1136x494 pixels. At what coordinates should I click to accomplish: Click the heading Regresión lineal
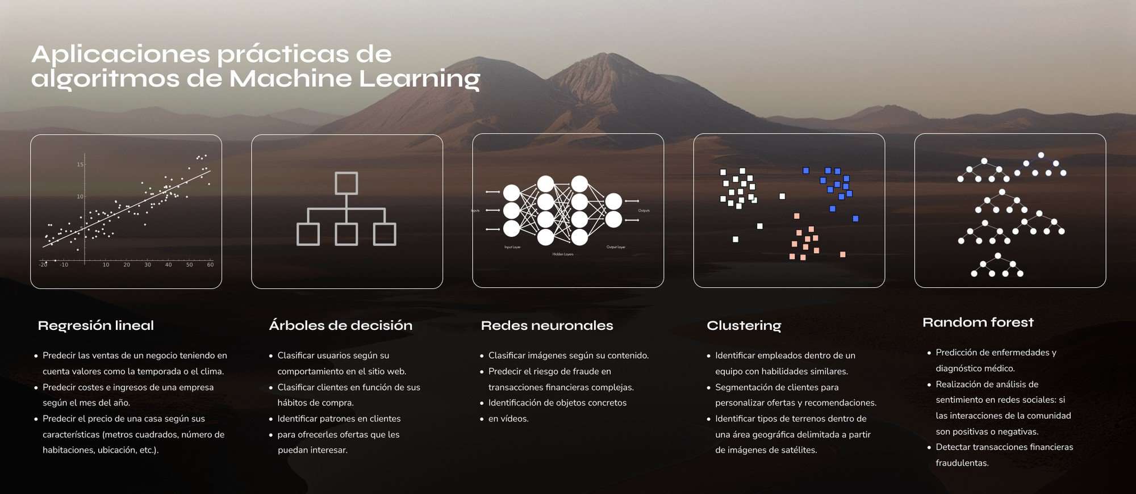tap(95, 325)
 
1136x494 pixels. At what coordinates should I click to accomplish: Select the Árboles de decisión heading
tap(340, 325)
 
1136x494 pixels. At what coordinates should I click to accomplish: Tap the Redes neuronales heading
tap(546, 325)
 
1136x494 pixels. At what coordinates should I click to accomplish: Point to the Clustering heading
tap(744, 325)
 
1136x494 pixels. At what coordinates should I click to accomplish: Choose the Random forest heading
tap(978, 323)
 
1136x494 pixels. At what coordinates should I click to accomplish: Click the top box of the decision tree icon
tap(346, 183)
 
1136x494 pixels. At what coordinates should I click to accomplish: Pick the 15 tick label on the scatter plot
tap(80, 165)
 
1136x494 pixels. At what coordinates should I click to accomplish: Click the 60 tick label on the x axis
tap(210, 265)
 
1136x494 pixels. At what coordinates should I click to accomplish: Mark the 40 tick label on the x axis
tap(168, 265)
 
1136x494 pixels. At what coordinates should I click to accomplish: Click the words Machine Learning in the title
tap(354, 79)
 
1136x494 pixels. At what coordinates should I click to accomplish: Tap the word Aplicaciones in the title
tap(120, 55)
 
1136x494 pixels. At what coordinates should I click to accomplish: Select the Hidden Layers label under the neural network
tap(563, 254)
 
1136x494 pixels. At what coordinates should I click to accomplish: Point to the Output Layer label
tap(616, 247)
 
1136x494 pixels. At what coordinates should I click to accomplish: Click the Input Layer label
tap(512, 247)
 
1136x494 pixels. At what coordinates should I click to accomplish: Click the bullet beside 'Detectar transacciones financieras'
tap(929, 447)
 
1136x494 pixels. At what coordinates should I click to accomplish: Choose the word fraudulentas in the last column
tap(962, 463)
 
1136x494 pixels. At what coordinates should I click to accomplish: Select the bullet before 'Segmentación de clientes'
tap(708, 388)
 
